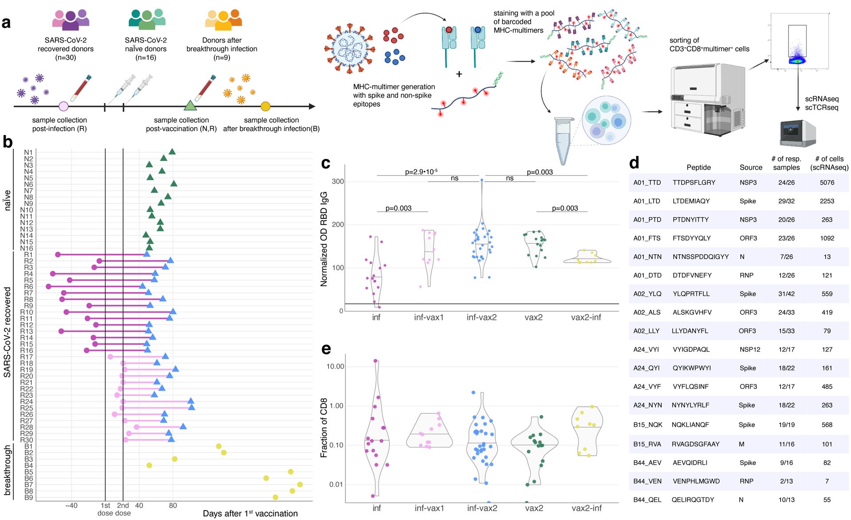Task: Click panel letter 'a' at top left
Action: [6, 22]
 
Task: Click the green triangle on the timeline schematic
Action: [190, 105]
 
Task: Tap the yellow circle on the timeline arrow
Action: [265, 106]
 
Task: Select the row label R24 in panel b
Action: [27, 402]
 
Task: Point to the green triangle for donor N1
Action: [172, 152]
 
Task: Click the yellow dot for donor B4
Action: [149, 465]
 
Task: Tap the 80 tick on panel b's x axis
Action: [173, 505]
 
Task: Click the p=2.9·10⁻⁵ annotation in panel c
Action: [421, 171]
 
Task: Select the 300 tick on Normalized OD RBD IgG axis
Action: [338, 182]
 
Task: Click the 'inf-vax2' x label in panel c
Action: [482, 318]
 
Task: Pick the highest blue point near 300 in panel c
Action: [482, 180]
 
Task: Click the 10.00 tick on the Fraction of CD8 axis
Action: [335, 366]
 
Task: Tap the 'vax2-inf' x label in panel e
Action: [586, 508]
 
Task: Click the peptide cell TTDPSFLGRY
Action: [694, 182]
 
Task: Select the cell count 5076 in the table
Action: [827, 182]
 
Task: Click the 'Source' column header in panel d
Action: [751, 167]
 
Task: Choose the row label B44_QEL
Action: [647, 500]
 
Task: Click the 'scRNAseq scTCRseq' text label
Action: [822, 103]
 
